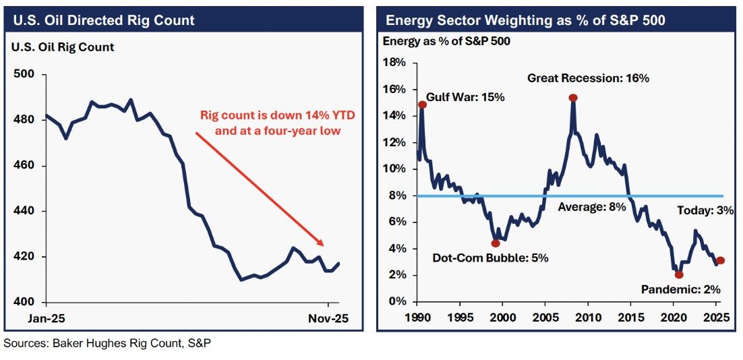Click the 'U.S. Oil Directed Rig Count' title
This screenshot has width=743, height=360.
(103, 20)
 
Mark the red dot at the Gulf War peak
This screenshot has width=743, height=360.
(422, 104)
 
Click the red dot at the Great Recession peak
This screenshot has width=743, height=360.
(572, 98)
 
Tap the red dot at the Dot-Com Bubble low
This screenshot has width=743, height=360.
(496, 243)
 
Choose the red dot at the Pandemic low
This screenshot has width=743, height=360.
(678, 274)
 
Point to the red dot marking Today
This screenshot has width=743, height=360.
(720, 260)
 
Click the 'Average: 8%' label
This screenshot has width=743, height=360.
(592, 207)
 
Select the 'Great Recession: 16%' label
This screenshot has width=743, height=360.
(588, 78)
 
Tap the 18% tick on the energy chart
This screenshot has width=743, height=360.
(394, 63)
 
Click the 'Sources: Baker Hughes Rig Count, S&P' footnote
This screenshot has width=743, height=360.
(107, 344)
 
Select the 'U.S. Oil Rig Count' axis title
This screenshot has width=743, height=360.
(61, 47)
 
